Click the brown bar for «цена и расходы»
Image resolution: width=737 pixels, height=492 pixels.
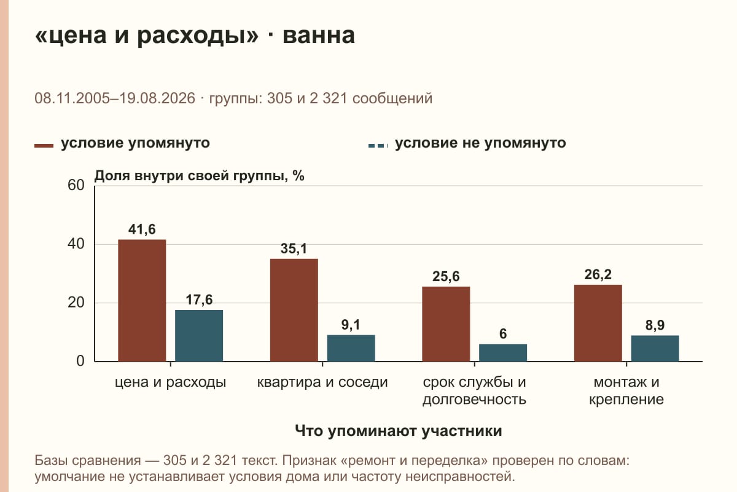pos(142,301)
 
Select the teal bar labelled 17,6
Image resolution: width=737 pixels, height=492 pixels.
pos(199,336)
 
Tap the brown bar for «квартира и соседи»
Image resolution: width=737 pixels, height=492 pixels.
pos(294,310)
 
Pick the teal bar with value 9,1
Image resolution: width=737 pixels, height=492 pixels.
pos(351,348)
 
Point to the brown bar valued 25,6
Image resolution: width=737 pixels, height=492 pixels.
pos(446,324)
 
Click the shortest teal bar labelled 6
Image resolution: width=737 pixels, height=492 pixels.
pos(503,352)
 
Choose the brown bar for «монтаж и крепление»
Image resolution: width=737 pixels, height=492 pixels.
pos(598,323)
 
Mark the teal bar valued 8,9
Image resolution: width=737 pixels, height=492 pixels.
pos(655,348)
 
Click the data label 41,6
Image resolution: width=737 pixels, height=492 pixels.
pos(142,229)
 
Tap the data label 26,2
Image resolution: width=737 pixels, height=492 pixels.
pos(598,274)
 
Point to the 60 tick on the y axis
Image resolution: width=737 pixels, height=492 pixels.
pos(76,185)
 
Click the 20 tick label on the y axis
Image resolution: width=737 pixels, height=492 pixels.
pos(76,303)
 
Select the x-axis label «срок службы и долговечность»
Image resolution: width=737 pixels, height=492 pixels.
pos(474,391)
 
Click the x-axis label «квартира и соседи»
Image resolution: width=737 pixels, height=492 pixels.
pos(322,383)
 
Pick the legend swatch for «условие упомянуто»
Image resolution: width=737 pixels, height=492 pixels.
pos(44,146)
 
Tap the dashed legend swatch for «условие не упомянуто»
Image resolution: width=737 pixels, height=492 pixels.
pos(378,146)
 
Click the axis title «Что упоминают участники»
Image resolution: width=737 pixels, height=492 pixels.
pos(398,431)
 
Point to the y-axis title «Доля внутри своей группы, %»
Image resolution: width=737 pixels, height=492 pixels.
pos(199,176)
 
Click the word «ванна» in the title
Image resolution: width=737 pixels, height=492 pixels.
pos(319,35)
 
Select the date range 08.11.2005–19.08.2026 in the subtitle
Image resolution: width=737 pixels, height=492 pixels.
pos(115,98)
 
